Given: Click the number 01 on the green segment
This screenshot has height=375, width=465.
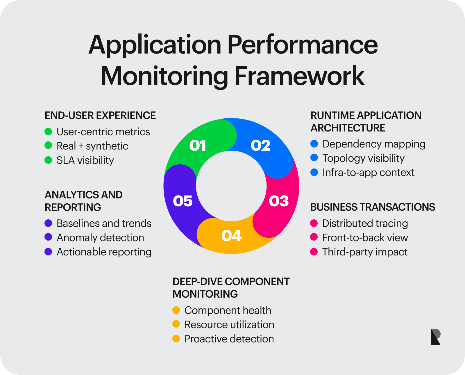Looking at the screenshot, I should point(198,145).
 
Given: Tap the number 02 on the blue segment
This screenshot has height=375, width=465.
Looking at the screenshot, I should point(261,145).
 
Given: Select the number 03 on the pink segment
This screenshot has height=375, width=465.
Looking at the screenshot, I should point(279,201).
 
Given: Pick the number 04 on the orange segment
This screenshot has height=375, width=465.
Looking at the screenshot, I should point(231,236).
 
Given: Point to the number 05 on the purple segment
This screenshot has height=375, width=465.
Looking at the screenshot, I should point(183,201).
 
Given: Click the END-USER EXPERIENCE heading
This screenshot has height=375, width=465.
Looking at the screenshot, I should point(100,115).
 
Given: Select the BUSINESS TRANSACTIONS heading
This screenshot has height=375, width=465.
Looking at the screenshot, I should point(373,207).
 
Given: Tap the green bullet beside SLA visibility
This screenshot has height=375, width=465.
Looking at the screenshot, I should point(48,160).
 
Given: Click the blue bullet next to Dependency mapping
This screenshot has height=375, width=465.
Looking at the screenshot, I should point(314,144).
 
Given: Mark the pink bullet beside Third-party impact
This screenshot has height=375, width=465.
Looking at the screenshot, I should point(314,252).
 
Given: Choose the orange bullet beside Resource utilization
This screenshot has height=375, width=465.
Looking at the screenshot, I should point(176,324).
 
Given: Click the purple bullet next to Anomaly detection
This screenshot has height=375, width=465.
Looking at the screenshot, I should point(48,237).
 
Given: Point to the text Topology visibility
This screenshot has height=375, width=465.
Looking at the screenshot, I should point(363,158).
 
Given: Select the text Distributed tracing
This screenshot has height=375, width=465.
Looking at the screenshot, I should point(365,223).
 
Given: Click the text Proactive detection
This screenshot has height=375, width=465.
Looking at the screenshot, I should point(229,339).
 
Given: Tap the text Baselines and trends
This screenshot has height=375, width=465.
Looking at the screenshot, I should point(104,223).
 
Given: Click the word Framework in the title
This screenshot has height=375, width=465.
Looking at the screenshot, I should point(299,76).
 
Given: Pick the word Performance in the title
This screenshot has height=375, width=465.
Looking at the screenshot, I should point(302,45).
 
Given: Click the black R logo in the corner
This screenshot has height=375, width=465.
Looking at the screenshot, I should point(435,337).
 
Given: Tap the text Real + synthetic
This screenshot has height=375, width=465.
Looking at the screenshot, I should point(92,146).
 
